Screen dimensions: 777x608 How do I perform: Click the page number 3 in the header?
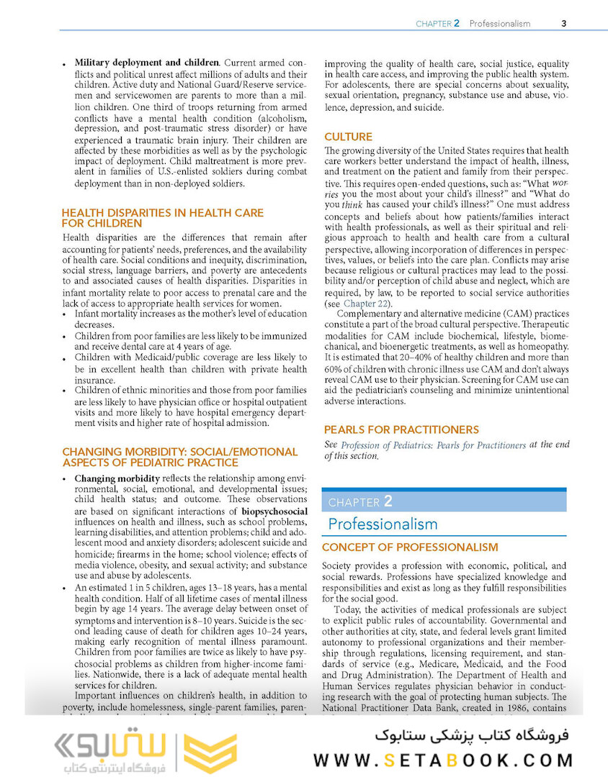point(564,23)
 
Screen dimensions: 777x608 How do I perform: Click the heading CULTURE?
point(348,137)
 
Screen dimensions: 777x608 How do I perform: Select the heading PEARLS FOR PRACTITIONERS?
point(401,430)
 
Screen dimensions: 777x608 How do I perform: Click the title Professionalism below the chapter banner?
point(383,524)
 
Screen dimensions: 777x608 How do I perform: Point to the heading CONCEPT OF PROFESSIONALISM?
point(410,547)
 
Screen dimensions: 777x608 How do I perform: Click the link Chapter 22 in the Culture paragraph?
point(367,303)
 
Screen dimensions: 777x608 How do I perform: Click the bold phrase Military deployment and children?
point(147,63)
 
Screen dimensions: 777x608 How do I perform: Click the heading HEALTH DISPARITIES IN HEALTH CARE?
point(163,213)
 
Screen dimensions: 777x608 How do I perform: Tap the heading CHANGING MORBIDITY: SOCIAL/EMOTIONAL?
point(179,452)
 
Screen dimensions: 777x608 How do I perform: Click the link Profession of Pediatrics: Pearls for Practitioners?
point(433,445)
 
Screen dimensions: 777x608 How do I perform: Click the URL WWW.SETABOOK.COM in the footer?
point(443,760)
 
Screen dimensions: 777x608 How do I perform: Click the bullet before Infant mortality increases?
point(66,314)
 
